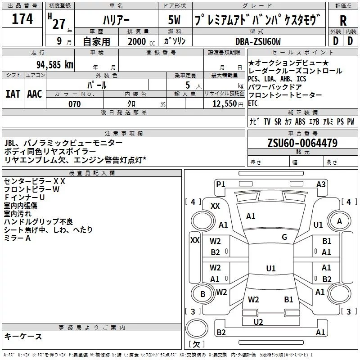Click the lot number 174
coord(22,19)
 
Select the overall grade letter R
coord(343,21)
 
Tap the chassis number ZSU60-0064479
coord(302,143)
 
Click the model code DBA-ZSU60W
coord(258,41)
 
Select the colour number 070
coord(74,104)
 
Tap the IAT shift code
coord(13,94)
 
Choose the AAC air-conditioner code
coord(35,94)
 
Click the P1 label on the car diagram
coord(220,184)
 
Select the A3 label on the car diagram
coord(321,184)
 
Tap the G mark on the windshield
coord(284,237)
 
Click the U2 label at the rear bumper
coord(258,322)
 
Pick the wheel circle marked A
coord(339,221)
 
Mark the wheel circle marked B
coord(203,294)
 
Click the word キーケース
coord(23,336)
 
